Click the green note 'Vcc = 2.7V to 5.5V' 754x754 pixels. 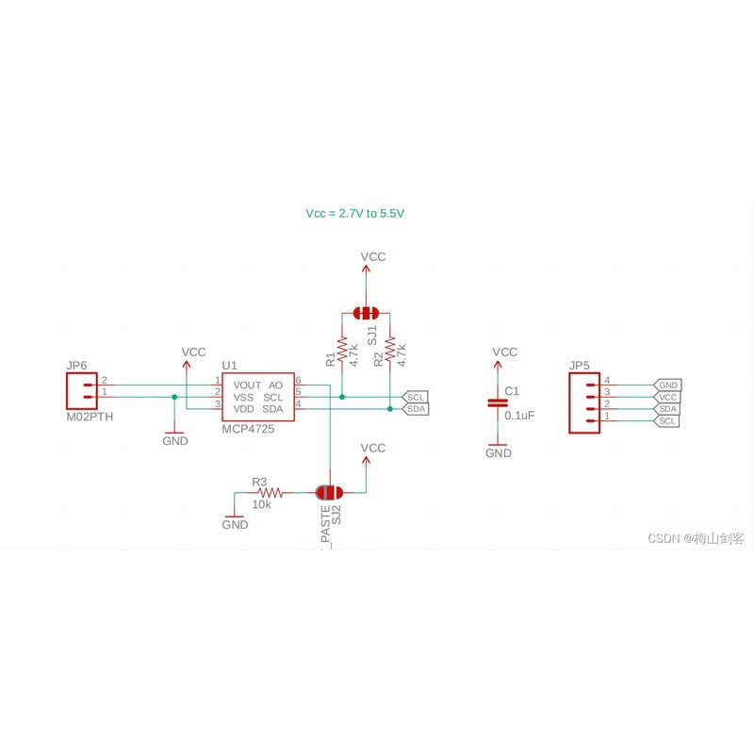coord(355,214)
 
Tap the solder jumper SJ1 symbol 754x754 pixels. coord(366,314)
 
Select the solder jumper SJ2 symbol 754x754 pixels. coord(329,492)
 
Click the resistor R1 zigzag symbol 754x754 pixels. coord(342,349)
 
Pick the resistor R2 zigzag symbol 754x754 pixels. coord(390,349)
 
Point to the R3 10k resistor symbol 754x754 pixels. coord(270,493)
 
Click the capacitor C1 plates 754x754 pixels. coord(498,403)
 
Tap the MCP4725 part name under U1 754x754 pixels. coord(248,429)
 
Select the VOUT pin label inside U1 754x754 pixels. coord(247,385)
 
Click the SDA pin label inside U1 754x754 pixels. coord(272,409)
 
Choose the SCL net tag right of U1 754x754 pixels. coord(415,397)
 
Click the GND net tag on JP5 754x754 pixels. coord(667,385)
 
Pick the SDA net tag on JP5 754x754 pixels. coord(667,409)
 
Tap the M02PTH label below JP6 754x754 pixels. coord(90,417)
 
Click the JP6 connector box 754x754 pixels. coord(82,391)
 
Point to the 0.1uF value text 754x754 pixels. coord(519,416)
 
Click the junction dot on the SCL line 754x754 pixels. coord(342,397)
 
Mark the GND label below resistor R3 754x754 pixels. coord(235,525)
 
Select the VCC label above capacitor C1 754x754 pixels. coord(505,352)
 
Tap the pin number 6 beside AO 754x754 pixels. coord(298,381)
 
